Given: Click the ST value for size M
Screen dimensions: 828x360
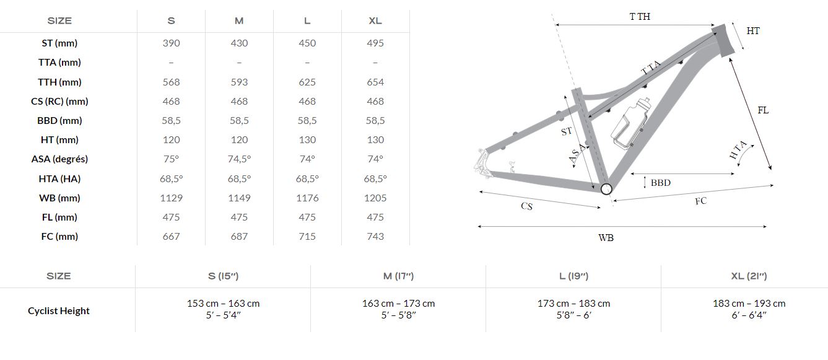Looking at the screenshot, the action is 239,43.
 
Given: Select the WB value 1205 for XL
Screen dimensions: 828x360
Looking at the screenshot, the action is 375,198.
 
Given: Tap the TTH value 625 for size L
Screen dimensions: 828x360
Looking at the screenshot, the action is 307,82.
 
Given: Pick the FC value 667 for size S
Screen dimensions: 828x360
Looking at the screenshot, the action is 171,237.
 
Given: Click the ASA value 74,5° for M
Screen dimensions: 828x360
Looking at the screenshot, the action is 239,159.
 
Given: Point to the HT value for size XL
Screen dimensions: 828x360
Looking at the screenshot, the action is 375,140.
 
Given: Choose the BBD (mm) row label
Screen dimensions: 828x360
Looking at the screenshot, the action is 59,121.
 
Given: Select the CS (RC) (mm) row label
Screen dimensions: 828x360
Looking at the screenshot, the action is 59,102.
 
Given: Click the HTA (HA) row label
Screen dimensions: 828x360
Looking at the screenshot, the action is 59,178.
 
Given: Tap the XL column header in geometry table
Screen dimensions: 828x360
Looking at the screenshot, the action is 375,20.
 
